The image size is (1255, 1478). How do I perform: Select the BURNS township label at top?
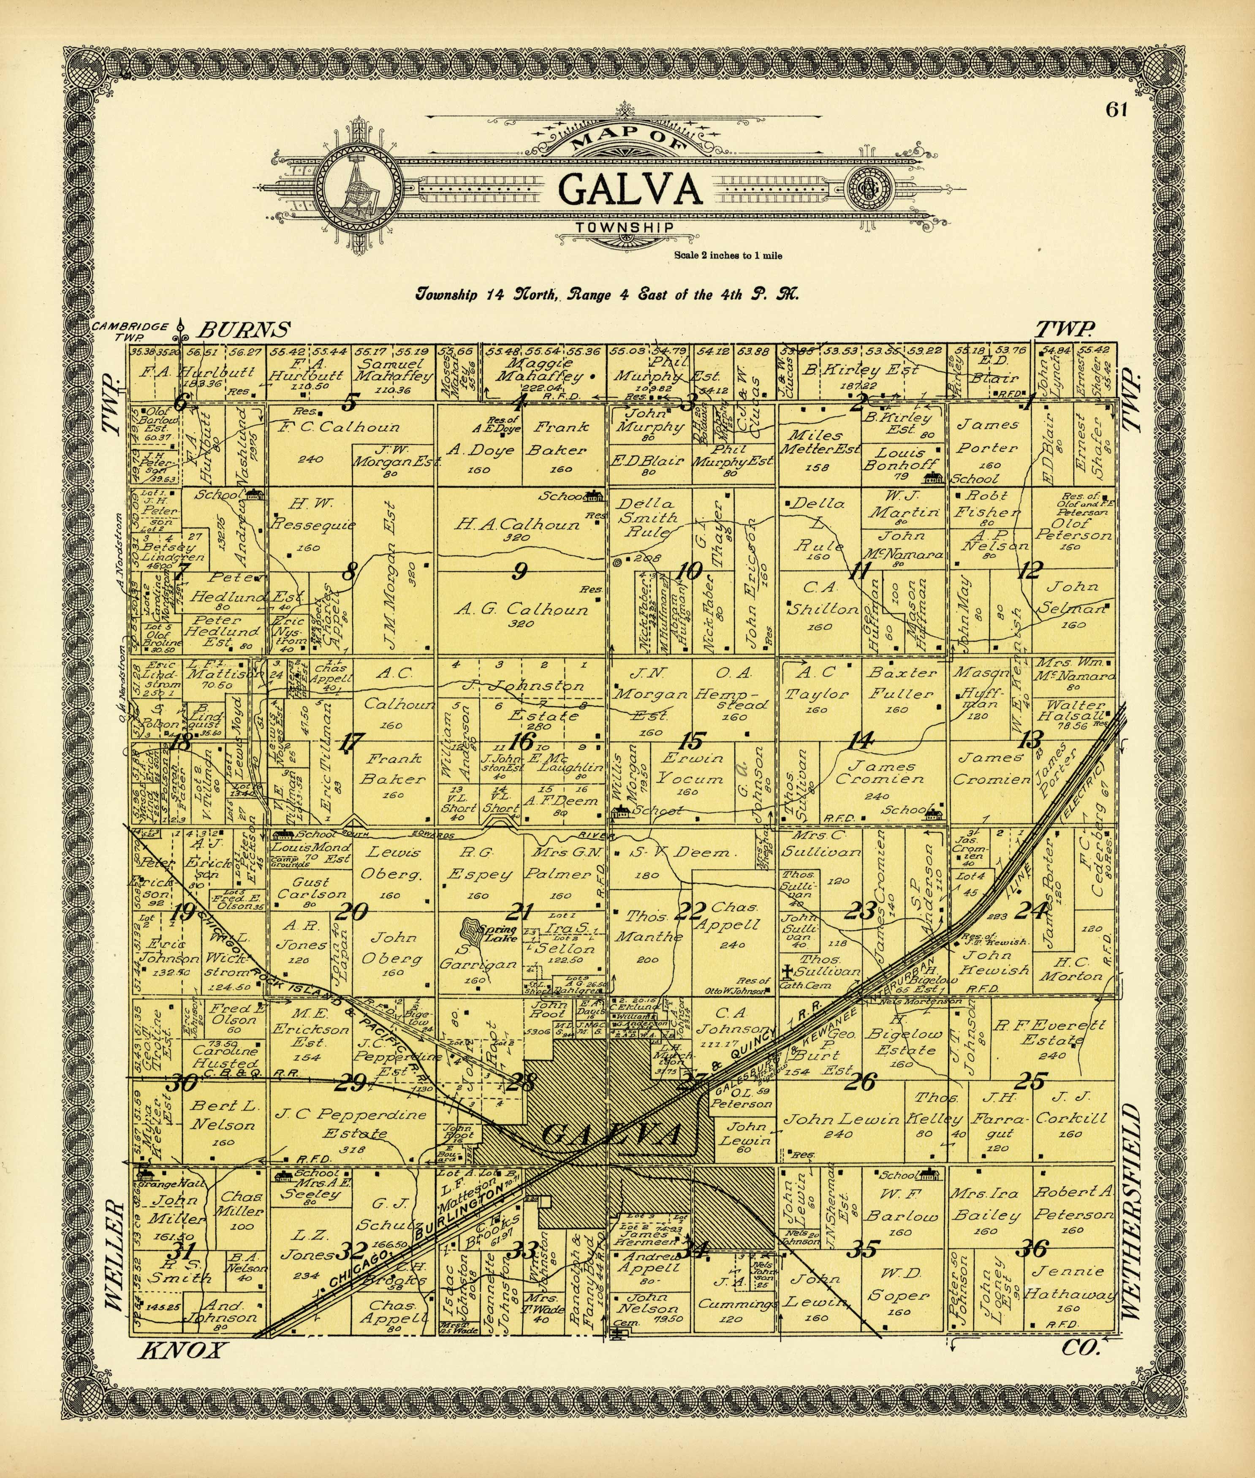click(244, 329)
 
